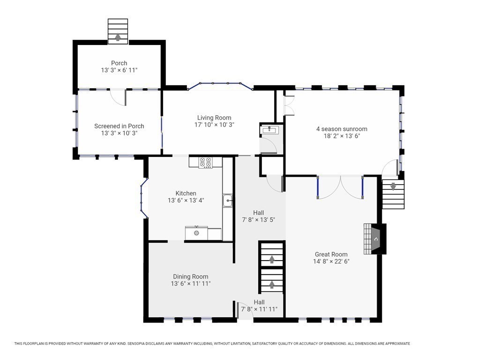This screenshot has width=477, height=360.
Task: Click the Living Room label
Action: [x=214, y=118]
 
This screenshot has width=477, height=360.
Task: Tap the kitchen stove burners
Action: [x=206, y=163]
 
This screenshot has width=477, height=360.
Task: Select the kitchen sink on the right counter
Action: [x=228, y=201]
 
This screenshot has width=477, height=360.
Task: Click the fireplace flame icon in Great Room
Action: [x=376, y=239]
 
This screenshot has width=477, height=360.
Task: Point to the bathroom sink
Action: [x=269, y=130]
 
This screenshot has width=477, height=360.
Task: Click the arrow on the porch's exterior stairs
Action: [x=118, y=37]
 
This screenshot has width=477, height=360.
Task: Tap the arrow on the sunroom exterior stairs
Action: [x=393, y=186]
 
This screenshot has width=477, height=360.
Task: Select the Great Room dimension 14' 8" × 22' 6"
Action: [x=331, y=262]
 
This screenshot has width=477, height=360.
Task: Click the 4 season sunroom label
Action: [x=342, y=129]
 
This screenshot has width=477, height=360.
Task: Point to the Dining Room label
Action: [x=191, y=277]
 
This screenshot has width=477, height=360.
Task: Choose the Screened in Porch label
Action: [x=119, y=126]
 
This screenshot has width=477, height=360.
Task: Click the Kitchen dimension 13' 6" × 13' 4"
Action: [x=186, y=201]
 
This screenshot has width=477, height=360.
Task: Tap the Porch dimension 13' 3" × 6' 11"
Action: [x=119, y=70]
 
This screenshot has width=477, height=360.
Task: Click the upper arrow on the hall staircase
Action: [x=272, y=259]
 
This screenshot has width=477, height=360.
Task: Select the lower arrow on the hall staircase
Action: [x=272, y=284]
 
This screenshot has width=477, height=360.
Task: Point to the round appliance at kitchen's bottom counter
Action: [x=196, y=233]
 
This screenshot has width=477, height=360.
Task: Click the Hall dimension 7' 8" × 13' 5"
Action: [x=259, y=220]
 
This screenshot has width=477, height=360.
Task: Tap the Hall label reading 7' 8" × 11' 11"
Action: [x=259, y=309]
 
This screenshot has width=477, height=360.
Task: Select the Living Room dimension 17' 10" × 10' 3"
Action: [x=215, y=125]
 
